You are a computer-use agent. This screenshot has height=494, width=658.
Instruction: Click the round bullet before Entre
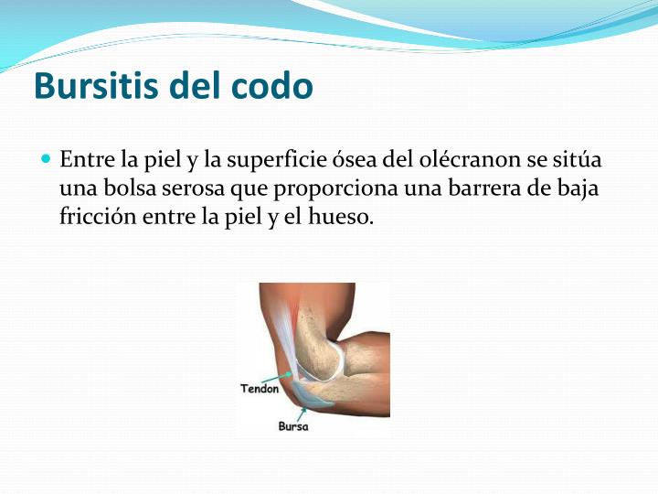47,159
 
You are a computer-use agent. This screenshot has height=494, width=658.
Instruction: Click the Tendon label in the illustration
260,389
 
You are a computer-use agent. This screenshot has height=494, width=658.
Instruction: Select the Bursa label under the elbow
292,426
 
